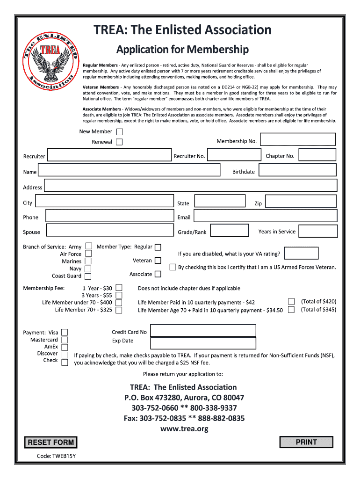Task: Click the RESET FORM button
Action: [x=50, y=442]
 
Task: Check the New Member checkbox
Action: [x=120, y=132]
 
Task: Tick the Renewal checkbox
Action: [x=120, y=142]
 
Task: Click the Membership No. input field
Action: [x=297, y=139]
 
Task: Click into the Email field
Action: [x=265, y=216]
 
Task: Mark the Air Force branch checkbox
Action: [x=88, y=254]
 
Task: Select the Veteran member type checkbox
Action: [x=158, y=261]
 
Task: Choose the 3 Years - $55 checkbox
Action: [x=119, y=295]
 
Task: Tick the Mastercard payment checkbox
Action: [x=65, y=340]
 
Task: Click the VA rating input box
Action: [x=301, y=253]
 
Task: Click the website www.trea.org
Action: [x=184, y=428]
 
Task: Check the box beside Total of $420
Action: [x=292, y=302]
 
